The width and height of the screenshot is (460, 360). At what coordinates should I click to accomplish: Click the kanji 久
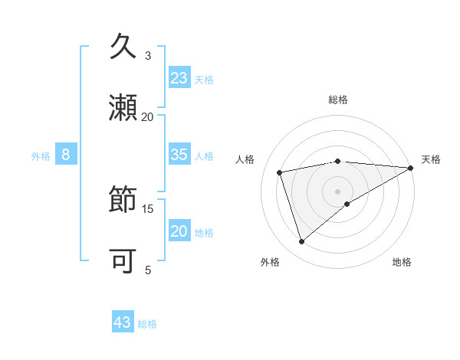[123, 47]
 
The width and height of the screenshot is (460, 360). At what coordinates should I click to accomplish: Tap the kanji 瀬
[123, 108]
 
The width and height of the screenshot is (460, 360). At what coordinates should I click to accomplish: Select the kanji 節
[123, 201]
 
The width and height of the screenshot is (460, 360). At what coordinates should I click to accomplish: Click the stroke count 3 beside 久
[148, 56]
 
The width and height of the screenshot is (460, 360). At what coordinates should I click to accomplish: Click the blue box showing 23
[179, 78]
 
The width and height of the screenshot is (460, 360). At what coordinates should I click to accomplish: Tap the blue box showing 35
[179, 155]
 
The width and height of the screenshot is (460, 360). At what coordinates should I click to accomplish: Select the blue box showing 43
[123, 322]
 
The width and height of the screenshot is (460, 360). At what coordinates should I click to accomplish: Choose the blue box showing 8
[66, 155]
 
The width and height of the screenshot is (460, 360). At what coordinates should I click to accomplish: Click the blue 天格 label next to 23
[204, 79]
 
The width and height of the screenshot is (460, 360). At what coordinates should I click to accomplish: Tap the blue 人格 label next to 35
[204, 155]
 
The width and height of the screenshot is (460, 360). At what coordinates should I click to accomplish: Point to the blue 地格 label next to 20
[204, 232]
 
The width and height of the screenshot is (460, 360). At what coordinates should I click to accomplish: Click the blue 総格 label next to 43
[147, 323]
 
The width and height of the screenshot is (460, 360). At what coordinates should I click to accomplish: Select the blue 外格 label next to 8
[41, 155]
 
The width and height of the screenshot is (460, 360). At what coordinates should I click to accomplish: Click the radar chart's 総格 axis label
[338, 100]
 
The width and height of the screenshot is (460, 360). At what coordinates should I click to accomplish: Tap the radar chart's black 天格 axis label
[431, 159]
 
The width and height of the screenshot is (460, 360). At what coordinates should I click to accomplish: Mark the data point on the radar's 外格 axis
[302, 242]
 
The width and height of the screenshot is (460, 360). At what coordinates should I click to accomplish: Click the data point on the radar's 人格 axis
[280, 172]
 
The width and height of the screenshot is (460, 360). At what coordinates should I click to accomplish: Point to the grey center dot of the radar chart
[338, 191]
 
